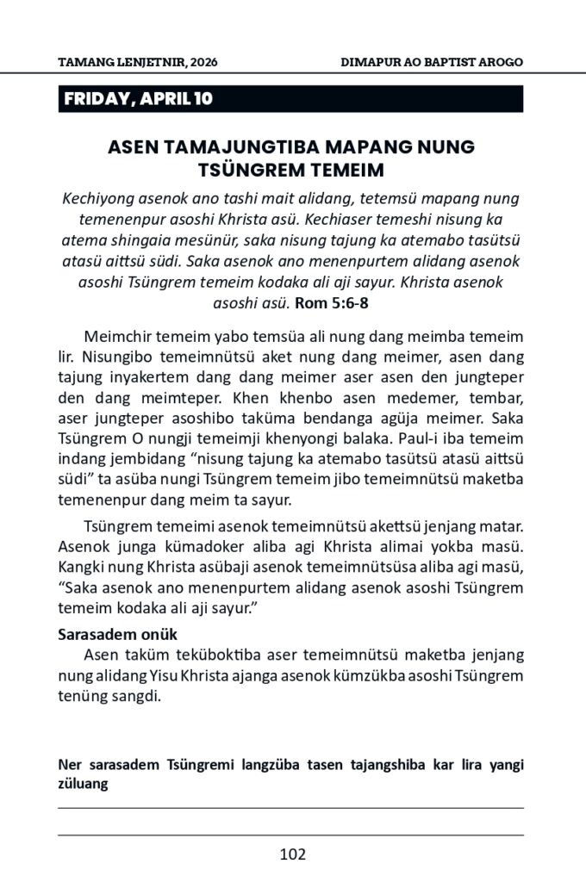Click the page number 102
pyautogui.click(x=293, y=854)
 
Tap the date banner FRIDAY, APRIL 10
pyautogui.click(x=138, y=99)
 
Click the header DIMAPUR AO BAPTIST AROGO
pyautogui.click(x=432, y=62)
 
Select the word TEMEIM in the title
pyautogui.click(x=340, y=169)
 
